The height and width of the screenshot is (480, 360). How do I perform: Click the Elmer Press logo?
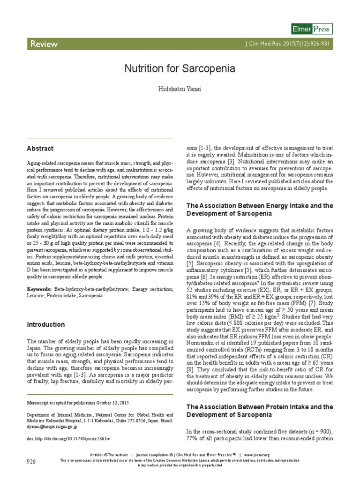pos(312,29)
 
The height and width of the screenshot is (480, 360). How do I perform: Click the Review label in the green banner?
pos(44,44)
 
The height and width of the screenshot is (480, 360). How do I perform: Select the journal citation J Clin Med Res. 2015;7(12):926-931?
pos(290,44)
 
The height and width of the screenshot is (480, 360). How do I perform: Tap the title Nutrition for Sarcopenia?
pos(180,69)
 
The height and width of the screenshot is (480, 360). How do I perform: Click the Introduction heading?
pos(45,324)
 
